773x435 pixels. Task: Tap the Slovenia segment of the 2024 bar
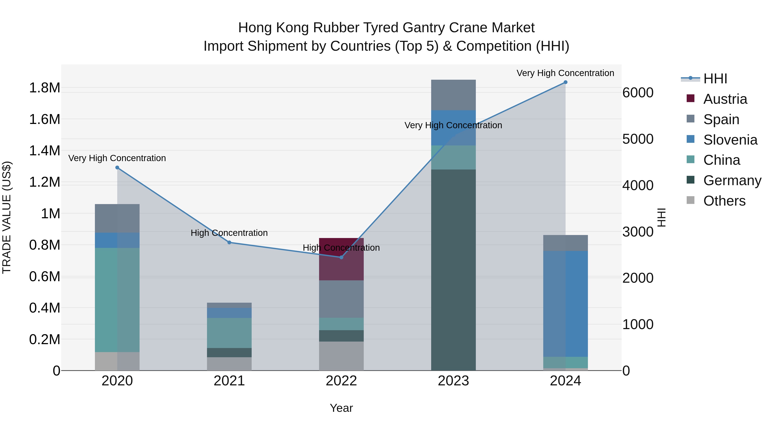[x=565, y=304]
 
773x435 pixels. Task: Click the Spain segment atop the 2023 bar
[x=453, y=95]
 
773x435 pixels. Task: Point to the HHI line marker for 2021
[x=229, y=242]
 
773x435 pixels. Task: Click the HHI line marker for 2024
[x=565, y=82]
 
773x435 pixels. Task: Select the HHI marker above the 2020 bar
[x=117, y=168]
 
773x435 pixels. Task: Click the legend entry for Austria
[x=725, y=99]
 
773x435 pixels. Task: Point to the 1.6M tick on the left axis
[x=44, y=119]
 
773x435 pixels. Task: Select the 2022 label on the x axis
[x=341, y=381]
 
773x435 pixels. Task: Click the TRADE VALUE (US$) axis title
[x=7, y=217]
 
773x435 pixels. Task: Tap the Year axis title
[x=341, y=408]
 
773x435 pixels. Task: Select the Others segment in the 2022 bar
[x=341, y=356]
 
